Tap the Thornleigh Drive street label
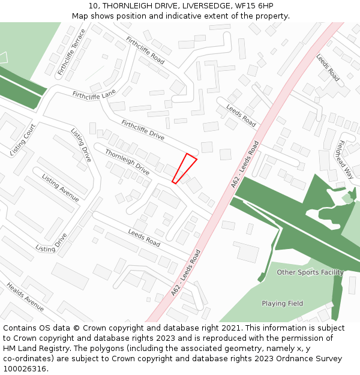(127, 161)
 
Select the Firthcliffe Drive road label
(143, 130)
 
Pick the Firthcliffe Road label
(145, 50)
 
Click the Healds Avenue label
(25, 296)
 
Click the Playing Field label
(282, 304)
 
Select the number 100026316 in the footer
(25, 368)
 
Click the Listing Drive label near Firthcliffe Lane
(81, 145)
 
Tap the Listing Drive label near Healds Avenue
(51, 244)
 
